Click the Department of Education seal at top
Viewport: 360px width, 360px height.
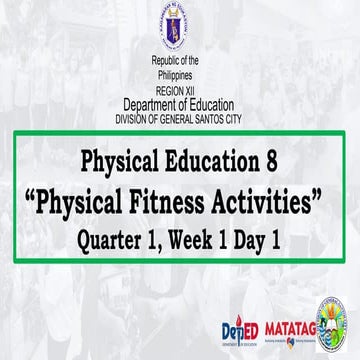(x=180, y=30)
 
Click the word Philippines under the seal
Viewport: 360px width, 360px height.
(x=180, y=76)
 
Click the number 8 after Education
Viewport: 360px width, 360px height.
(x=277, y=160)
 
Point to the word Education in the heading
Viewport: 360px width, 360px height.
(x=217, y=160)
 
